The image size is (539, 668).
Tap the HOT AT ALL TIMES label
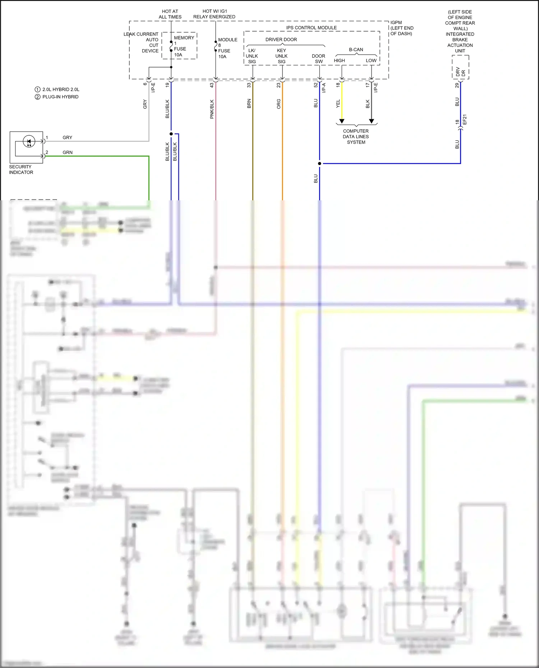[170, 14]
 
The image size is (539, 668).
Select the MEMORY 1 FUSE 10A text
[183, 46]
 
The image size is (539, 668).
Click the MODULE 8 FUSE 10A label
[227, 48]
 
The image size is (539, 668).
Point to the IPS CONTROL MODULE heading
[311, 28]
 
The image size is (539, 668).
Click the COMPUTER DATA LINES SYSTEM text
[356, 137]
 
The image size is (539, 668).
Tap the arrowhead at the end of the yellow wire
[342, 121]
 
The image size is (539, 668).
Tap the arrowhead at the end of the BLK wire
[372, 121]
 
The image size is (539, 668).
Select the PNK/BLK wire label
[212, 109]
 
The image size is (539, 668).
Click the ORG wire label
[278, 104]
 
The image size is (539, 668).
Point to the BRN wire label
[249, 104]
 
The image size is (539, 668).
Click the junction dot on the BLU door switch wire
[319, 164]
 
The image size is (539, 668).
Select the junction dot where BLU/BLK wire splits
[171, 134]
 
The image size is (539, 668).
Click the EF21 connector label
[465, 120]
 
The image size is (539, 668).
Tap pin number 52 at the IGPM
[315, 85]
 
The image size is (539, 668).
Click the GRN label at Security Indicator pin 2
[68, 153]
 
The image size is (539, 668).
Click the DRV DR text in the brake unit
[460, 72]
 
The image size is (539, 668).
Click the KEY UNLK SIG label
[281, 56]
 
